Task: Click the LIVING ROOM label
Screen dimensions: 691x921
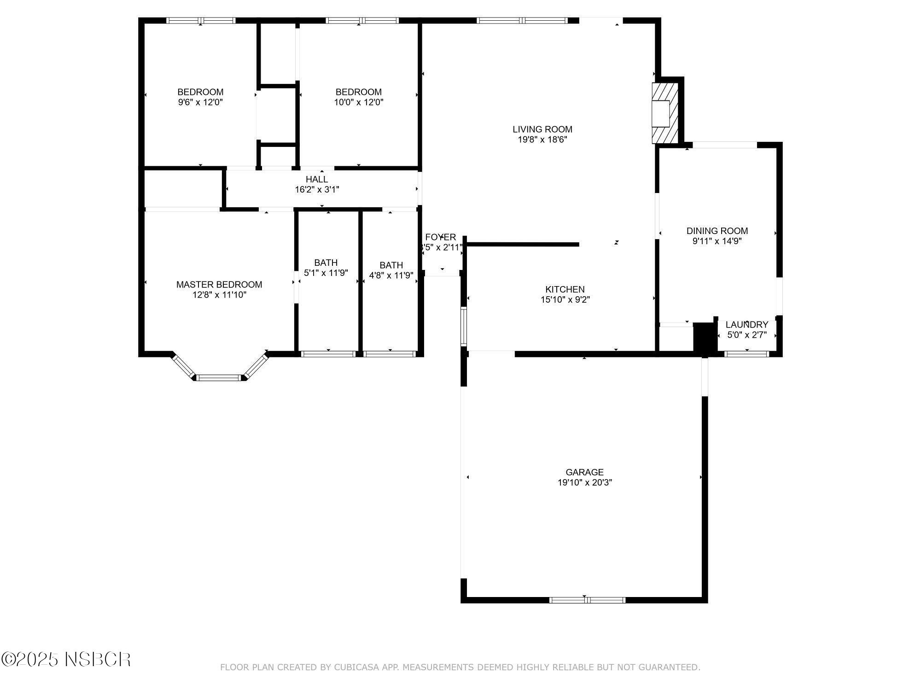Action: pyautogui.click(x=542, y=129)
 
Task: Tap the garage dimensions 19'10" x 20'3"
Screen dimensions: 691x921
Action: pyautogui.click(x=584, y=482)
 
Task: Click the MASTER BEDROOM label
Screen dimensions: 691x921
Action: pyautogui.click(x=219, y=285)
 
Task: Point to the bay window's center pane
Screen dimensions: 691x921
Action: pyautogui.click(x=219, y=378)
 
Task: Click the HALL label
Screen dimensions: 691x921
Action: pyautogui.click(x=317, y=179)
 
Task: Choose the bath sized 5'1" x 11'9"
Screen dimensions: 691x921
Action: pyautogui.click(x=326, y=268)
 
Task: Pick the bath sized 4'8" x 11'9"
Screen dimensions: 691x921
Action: pyautogui.click(x=391, y=270)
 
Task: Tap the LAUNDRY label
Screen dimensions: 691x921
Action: pyautogui.click(x=746, y=325)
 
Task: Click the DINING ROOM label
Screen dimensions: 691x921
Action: pyautogui.click(x=717, y=231)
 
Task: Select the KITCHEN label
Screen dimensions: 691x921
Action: pyautogui.click(x=565, y=289)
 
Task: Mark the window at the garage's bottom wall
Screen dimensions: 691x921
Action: pyautogui.click(x=587, y=600)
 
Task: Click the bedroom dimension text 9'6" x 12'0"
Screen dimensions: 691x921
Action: pyautogui.click(x=200, y=102)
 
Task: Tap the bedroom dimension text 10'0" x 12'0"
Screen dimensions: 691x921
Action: pyautogui.click(x=358, y=102)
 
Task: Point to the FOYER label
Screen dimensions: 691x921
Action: pyautogui.click(x=441, y=237)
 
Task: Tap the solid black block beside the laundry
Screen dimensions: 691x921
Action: pyautogui.click(x=703, y=338)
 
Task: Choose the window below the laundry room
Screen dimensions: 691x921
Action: pyautogui.click(x=746, y=354)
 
